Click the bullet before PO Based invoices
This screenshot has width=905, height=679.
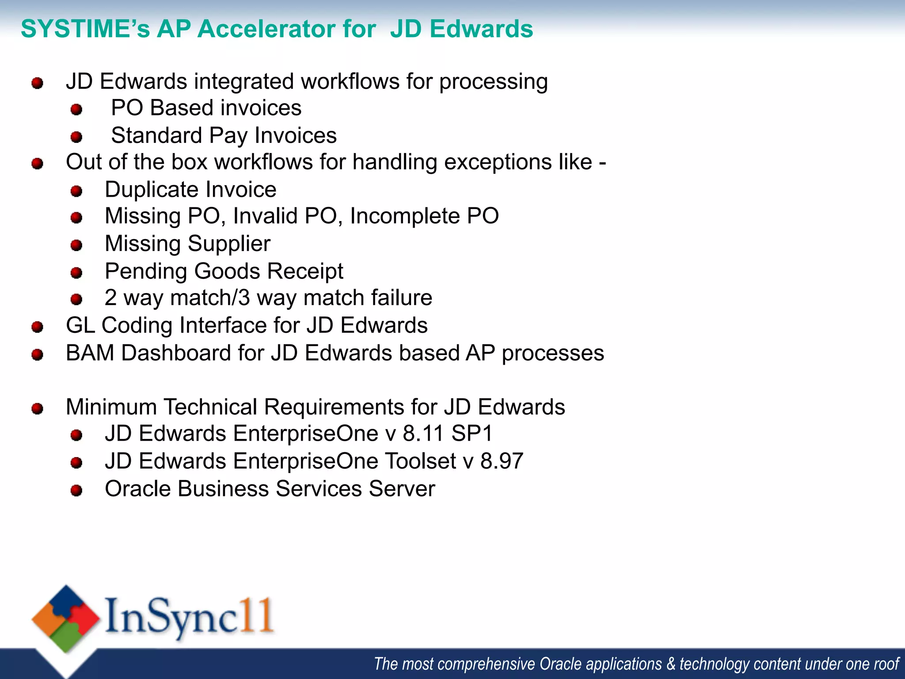point(76,109)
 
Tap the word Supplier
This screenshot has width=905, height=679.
point(229,244)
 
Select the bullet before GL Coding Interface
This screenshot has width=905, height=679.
point(38,327)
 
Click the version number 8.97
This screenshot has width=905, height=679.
point(502,461)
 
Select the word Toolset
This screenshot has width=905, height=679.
point(420,461)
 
